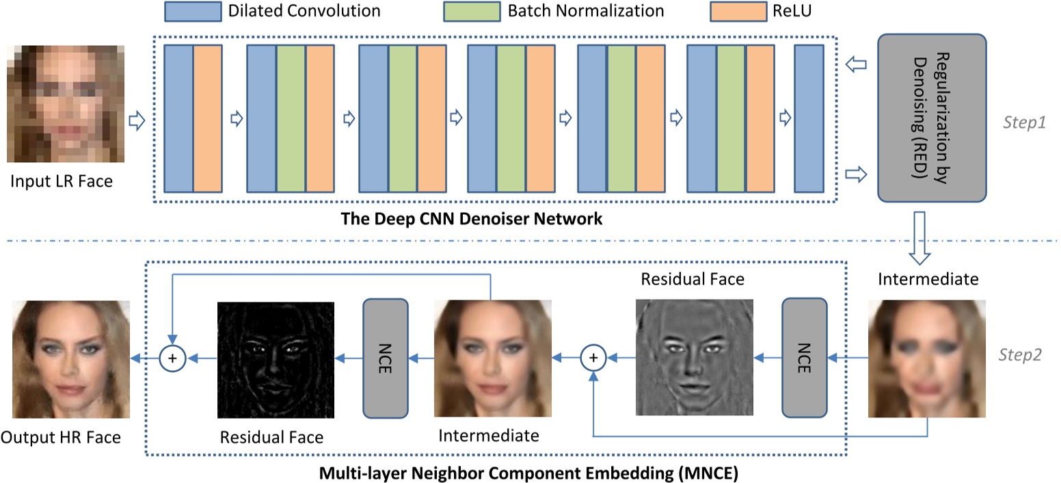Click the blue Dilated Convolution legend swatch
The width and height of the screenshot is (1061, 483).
[192, 11]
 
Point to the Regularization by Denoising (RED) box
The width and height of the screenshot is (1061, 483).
[931, 118]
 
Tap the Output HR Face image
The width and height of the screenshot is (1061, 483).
[71, 359]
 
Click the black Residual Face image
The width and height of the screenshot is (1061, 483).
[275, 360]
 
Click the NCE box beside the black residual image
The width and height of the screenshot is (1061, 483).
[386, 357]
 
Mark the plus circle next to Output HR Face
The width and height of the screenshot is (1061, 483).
[172, 357]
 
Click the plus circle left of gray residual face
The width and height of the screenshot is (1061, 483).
[593, 356]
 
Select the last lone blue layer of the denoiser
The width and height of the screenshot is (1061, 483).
[809, 118]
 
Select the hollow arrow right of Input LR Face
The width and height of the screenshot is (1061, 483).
[137, 122]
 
